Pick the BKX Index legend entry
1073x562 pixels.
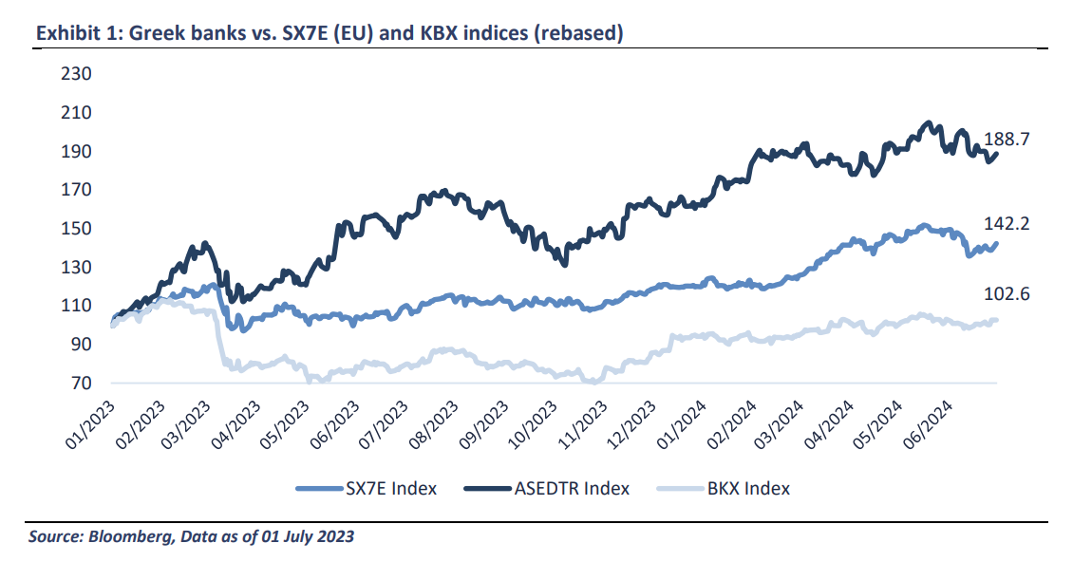[747, 488]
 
